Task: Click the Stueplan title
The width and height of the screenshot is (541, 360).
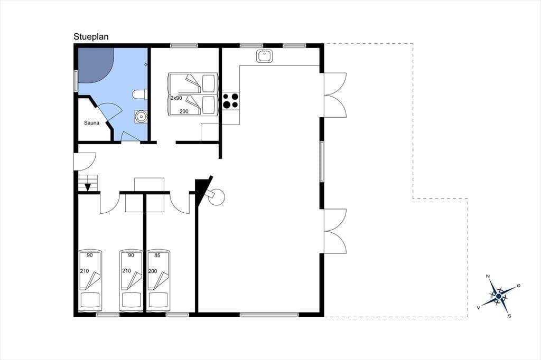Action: (x=91, y=37)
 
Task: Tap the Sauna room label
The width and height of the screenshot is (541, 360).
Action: (x=92, y=123)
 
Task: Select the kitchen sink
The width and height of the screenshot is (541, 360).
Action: (x=265, y=56)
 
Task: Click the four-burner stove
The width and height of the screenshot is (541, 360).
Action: (x=231, y=101)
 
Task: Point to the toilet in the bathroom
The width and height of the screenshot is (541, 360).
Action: (x=139, y=94)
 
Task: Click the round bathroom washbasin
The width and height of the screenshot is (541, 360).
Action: (x=141, y=117)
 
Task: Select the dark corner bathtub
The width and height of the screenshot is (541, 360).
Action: (x=96, y=65)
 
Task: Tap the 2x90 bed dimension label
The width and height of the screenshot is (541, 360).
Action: (x=176, y=98)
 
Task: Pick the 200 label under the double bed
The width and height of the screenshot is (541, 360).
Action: (x=184, y=111)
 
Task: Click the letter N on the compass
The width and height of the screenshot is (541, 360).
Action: (x=488, y=276)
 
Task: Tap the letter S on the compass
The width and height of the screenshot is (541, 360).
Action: (x=509, y=316)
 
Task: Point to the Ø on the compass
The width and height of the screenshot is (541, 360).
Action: (x=518, y=286)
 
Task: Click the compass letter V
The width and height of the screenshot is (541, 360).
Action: (x=478, y=307)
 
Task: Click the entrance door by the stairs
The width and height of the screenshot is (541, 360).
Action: (x=85, y=162)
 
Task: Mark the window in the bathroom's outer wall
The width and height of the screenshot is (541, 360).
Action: (x=76, y=81)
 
